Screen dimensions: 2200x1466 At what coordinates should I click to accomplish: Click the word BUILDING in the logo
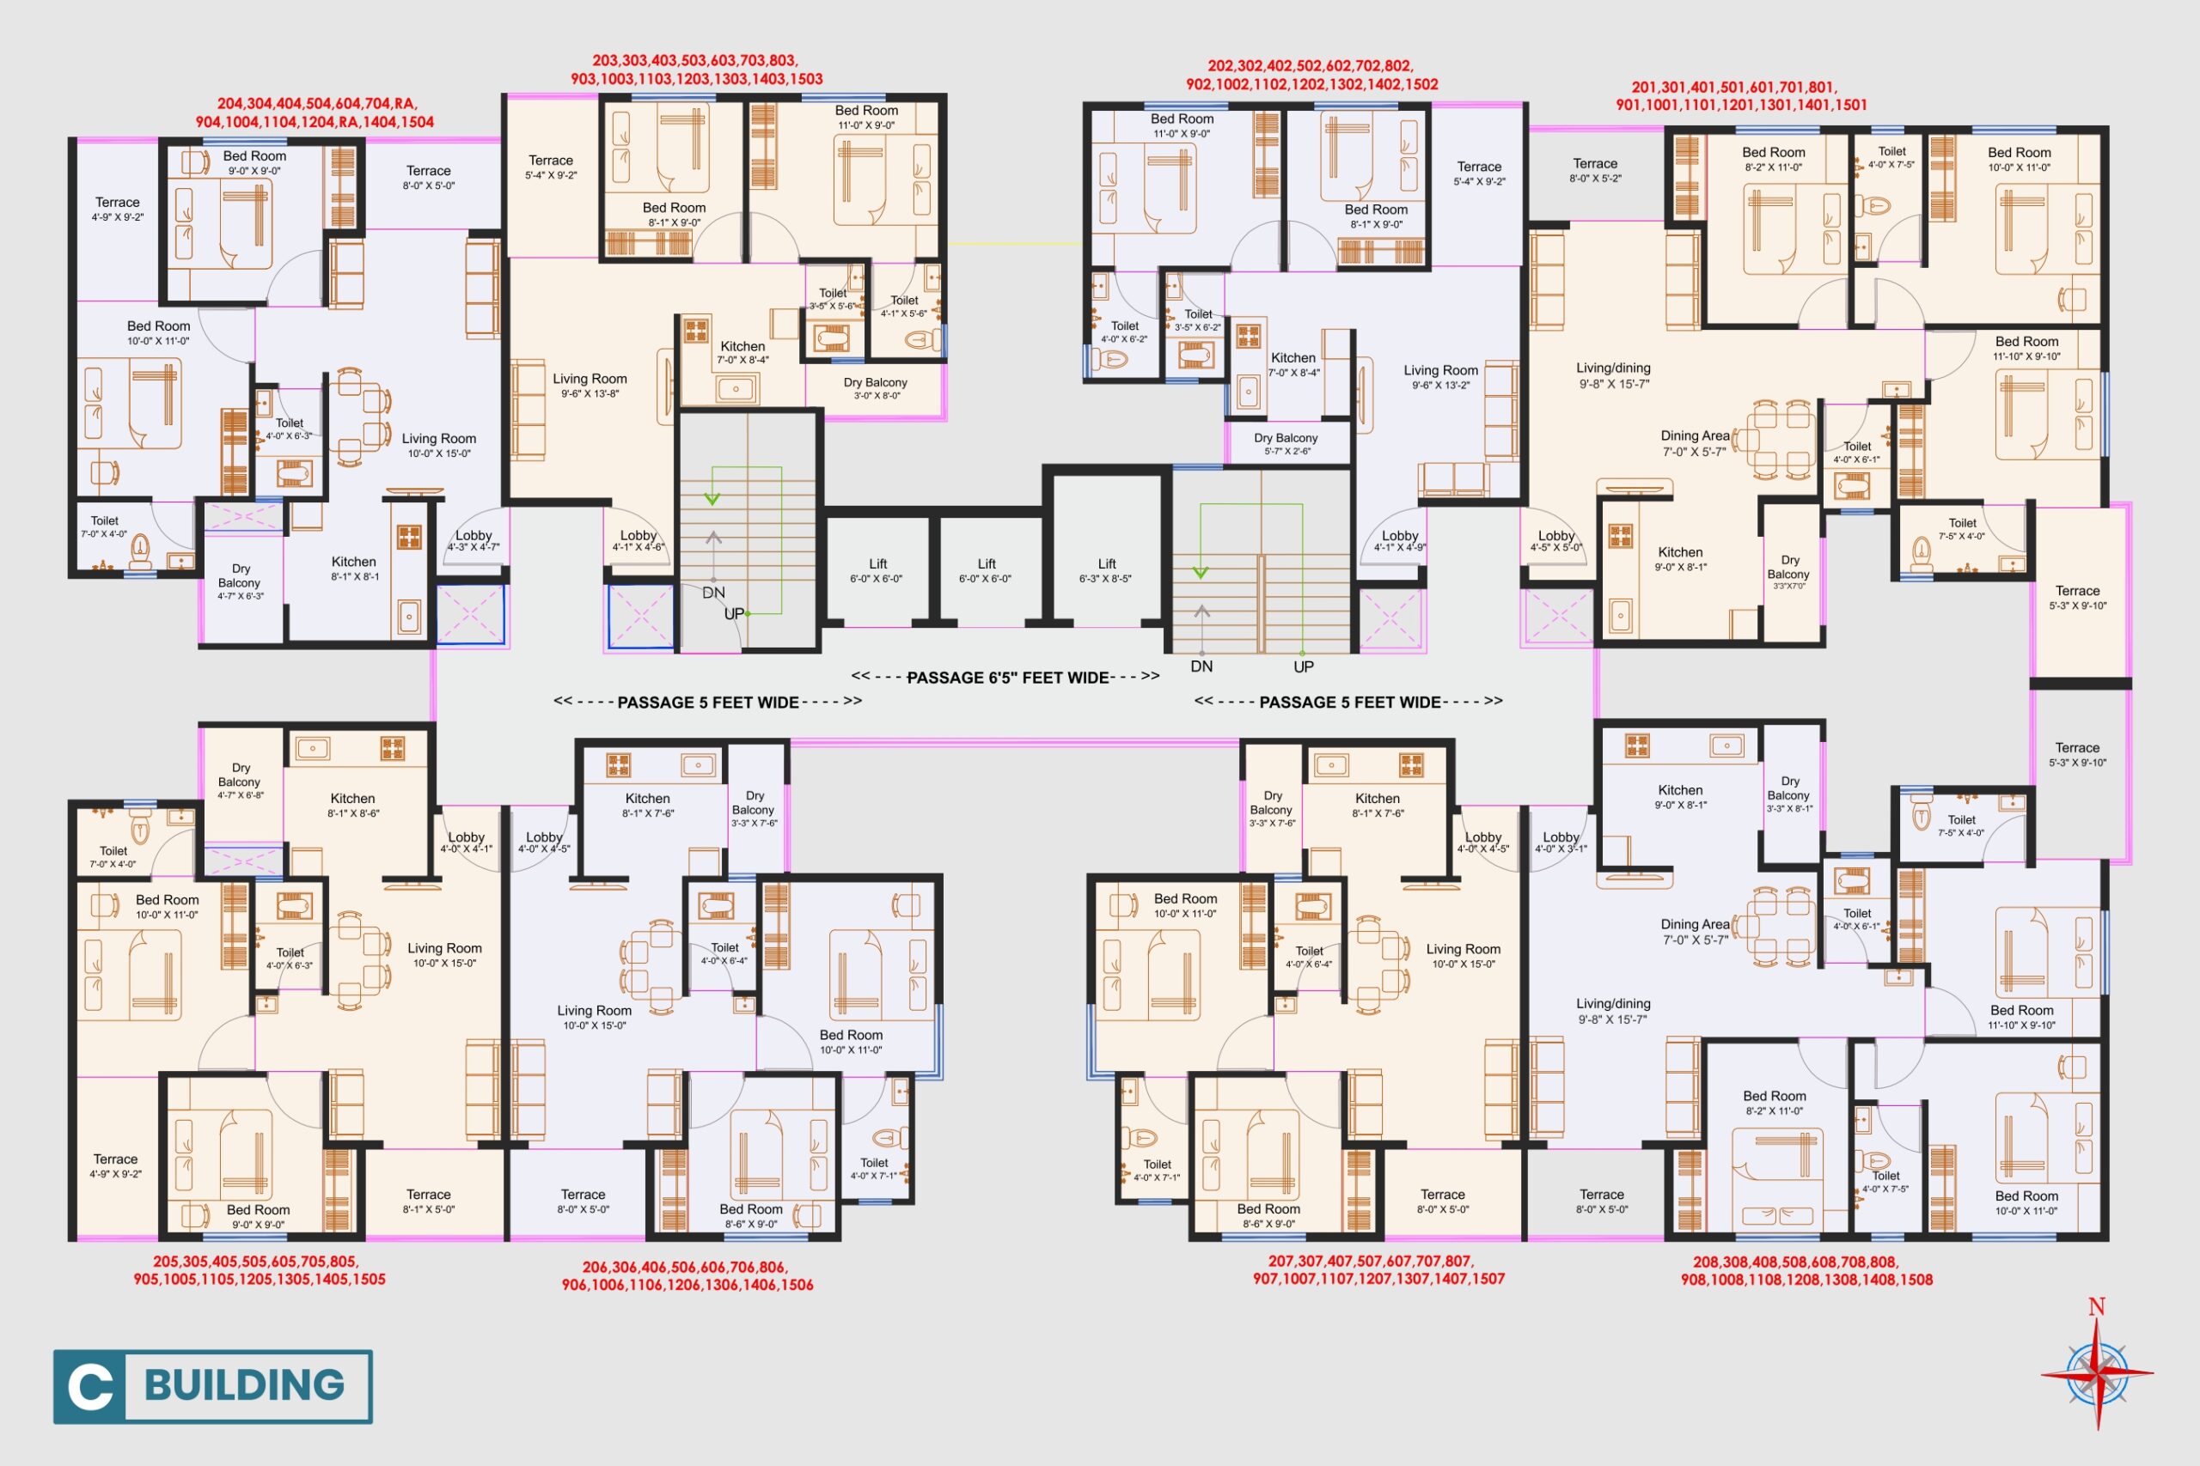245,1385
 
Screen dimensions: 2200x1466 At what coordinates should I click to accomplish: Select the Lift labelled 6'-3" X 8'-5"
1107,570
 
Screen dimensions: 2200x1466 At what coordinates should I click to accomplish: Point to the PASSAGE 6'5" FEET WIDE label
1007,677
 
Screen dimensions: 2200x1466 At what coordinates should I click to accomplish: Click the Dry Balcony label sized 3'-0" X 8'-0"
876,388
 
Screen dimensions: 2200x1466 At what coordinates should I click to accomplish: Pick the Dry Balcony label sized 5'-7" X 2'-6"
1286,443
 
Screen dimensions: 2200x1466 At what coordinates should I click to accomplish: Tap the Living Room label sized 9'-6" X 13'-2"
1440,377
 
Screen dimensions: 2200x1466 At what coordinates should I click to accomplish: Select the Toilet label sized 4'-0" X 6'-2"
1124,332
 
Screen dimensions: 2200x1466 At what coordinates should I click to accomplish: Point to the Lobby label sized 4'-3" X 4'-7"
474,540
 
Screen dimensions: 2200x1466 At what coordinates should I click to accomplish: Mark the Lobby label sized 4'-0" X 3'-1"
1561,842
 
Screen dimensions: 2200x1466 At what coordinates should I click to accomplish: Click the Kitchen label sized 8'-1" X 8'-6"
352,805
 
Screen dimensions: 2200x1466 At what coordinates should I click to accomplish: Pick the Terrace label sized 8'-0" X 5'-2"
1595,170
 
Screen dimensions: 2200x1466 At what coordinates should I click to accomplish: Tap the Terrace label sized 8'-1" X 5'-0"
429,1201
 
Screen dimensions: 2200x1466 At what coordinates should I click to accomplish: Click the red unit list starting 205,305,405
259,1269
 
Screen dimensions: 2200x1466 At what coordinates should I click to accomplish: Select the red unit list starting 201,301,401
1741,95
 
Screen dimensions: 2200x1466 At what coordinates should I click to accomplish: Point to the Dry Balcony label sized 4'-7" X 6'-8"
241,781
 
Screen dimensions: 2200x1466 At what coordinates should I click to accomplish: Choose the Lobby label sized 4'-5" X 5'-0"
1556,541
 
